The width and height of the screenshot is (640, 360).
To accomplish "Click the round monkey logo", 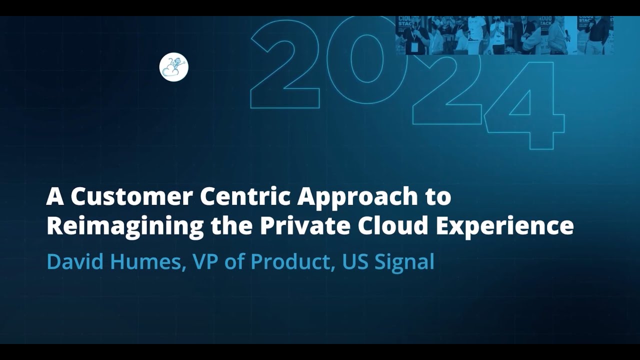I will coord(173,67).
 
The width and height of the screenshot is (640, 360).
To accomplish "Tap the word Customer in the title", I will coord(131,196).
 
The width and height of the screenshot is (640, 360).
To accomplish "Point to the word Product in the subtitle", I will coord(292,261).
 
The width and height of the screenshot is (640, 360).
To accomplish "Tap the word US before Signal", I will coord(355,261).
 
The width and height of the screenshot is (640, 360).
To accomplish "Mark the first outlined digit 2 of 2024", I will coord(285,65).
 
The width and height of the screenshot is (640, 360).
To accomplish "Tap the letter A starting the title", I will coord(55,196).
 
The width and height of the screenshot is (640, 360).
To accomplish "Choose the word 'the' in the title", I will coord(231,226).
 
